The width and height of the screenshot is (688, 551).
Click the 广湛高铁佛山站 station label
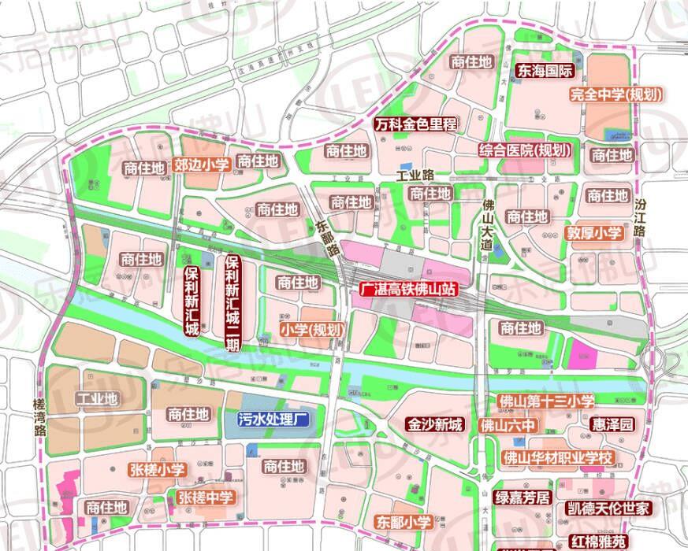(x=407, y=289)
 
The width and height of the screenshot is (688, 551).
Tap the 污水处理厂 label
(x=270, y=420)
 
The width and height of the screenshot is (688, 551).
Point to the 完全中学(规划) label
(x=615, y=94)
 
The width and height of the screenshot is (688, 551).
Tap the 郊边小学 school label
(x=201, y=165)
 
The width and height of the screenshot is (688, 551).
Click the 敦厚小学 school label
(x=594, y=234)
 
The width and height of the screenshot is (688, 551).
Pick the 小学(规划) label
(x=311, y=330)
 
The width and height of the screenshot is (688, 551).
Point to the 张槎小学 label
(x=157, y=470)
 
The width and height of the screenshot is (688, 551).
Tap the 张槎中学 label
(x=206, y=497)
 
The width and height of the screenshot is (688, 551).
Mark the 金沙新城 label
(x=433, y=425)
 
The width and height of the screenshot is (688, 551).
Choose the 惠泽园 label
(x=612, y=425)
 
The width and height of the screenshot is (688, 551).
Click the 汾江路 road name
(x=640, y=218)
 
